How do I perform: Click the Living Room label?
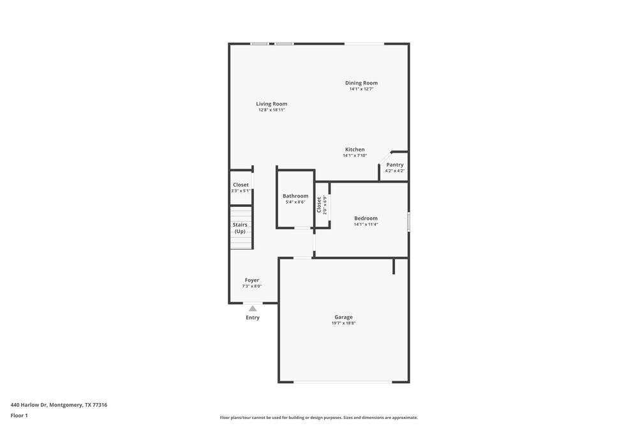[272, 103]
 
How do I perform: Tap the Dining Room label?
[361, 82]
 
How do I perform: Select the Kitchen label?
[355, 149]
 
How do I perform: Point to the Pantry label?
[395, 165]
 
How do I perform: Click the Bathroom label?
[295, 196]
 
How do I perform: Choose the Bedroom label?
[366, 218]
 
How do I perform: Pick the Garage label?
[343, 317]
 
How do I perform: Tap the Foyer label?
[252, 280]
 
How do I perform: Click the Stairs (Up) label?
[240, 228]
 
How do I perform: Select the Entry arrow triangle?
[253, 308]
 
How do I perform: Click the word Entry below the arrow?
[253, 317]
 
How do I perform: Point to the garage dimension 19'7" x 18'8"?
[343, 323]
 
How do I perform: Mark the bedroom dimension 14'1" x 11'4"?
[366, 224]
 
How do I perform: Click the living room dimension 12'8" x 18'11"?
[272, 110]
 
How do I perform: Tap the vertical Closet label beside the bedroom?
[319, 204]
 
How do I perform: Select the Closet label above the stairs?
[241, 185]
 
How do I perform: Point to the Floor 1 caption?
[19, 415]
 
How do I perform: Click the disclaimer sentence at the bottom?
[319, 418]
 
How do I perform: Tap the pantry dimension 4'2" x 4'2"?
[395, 171]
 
